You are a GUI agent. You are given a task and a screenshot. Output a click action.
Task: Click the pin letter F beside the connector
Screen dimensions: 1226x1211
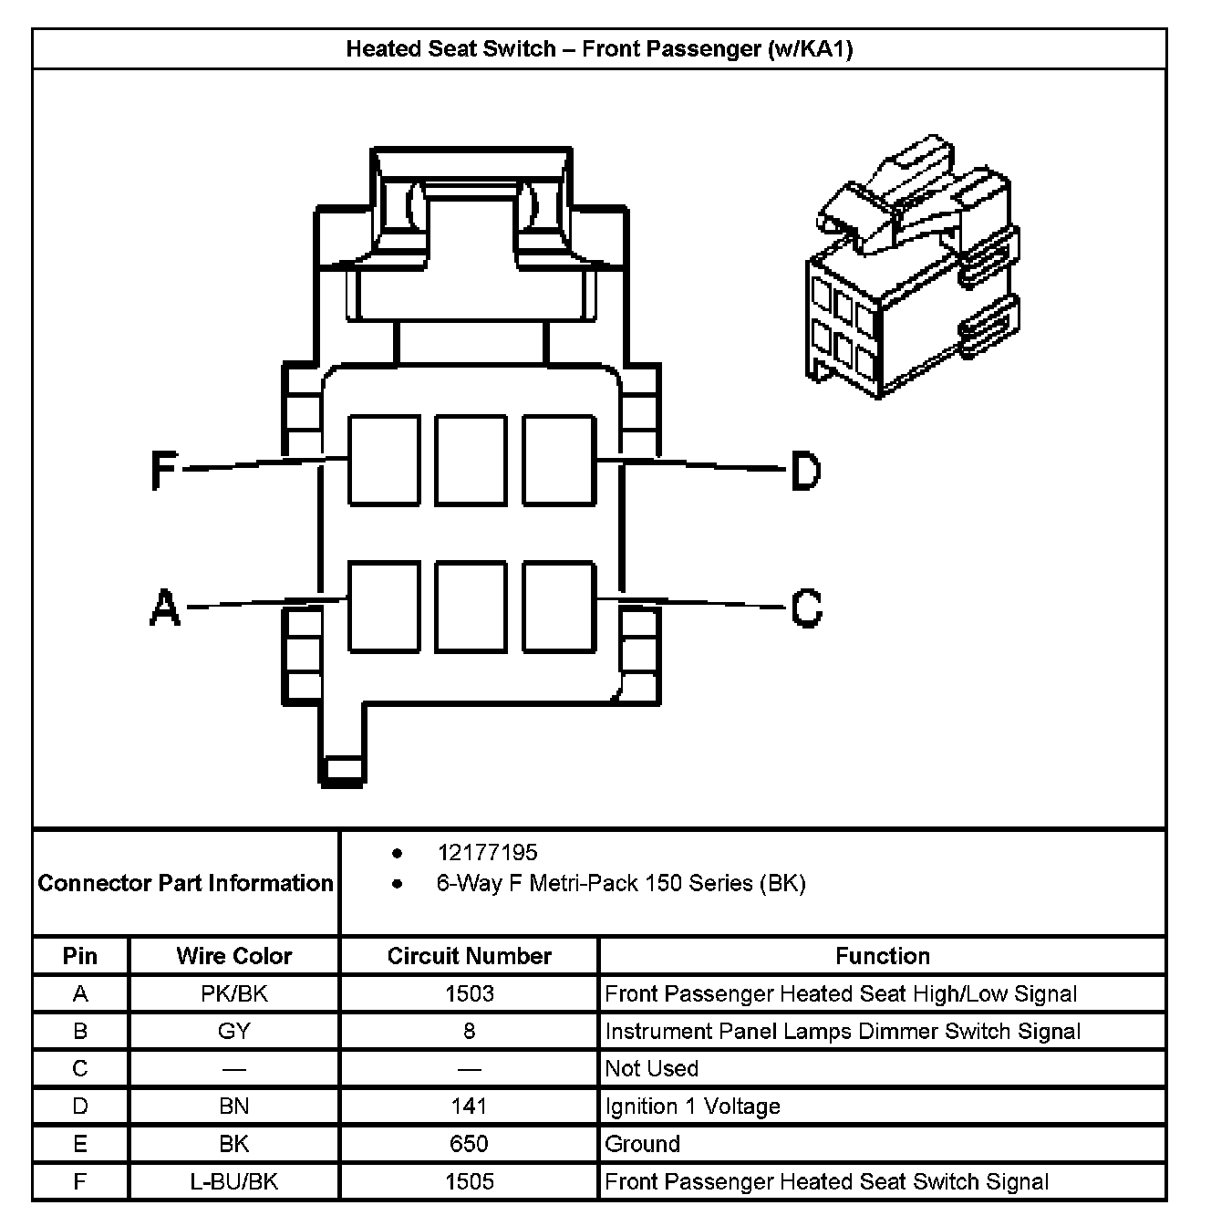[x=163, y=471]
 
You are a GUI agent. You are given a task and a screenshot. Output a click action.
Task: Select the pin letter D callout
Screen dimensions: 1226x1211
[x=805, y=471]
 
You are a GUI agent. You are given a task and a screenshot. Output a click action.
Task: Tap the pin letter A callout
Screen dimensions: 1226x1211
[x=164, y=608]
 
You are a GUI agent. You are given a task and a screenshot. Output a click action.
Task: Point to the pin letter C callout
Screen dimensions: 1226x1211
[x=806, y=608]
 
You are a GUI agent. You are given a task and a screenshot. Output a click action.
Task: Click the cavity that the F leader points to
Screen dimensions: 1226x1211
[x=384, y=460]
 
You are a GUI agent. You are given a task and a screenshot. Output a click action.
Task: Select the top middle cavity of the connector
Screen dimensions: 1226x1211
[x=471, y=460]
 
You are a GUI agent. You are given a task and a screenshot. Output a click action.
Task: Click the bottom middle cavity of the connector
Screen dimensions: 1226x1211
[x=471, y=607]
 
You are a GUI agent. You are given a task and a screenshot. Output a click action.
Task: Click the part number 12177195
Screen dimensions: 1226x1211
[x=487, y=853]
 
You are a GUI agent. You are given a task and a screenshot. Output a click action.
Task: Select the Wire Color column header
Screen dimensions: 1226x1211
[x=234, y=956]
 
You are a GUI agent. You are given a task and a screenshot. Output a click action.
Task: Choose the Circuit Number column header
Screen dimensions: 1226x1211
[x=469, y=956]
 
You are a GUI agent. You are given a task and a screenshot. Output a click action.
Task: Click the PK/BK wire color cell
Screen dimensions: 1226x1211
[x=234, y=993]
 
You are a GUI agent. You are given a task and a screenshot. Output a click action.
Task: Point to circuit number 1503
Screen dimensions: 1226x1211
[x=469, y=993]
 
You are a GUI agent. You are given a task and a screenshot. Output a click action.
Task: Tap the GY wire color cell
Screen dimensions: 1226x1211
[x=234, y=1031]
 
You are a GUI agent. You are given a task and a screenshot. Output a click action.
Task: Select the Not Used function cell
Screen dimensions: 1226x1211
[x=652, y=1068]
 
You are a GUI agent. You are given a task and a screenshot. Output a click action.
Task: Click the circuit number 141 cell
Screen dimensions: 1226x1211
[x=469, y=1107]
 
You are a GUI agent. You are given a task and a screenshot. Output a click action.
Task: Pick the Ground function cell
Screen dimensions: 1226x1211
[x=643, y=1144]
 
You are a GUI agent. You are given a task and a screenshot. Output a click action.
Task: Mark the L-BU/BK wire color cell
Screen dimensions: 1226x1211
[x=234, y=1181]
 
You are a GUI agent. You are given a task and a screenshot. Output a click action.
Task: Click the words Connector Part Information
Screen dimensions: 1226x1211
[x=186, y=883]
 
